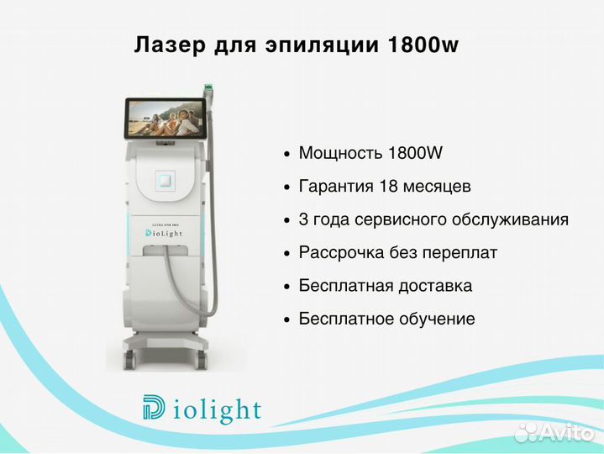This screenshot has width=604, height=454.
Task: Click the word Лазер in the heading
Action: tap(170, 45)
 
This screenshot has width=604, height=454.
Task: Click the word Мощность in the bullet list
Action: tap(340, 153)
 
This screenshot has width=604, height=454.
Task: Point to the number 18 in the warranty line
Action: tap(388, 186)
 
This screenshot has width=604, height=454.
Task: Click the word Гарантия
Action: tap(336, 187)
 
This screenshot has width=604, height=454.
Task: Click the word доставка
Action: tap(435, 287)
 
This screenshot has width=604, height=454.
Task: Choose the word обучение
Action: tap(437, 319)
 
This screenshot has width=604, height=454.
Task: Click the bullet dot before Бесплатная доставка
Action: tap(286, 287)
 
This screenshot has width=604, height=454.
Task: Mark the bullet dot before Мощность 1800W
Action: tap(286, 154)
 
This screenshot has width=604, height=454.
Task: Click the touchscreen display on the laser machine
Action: tap(165, 118)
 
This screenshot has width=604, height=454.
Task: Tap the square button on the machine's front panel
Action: tap(165, 181)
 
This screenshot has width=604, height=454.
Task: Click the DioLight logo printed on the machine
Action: tap(163, 234)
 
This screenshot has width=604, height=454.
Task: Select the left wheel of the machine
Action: tap(130, 360)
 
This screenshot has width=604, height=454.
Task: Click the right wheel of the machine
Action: tap(202, 360)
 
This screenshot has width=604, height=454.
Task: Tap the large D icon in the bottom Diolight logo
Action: tap(154, 407)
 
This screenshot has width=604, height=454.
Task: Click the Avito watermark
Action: tap(554, 432)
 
